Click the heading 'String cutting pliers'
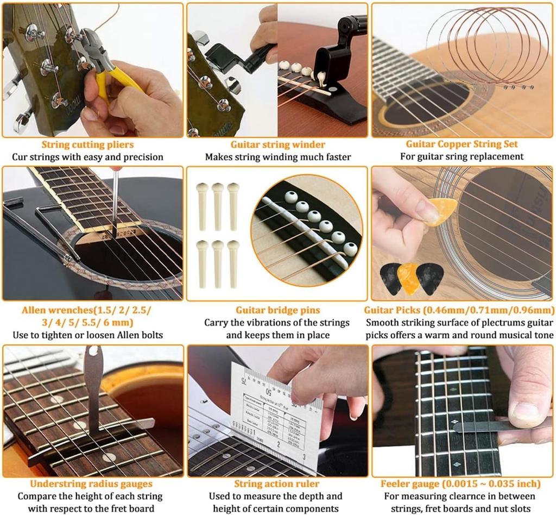[x=87, y=145]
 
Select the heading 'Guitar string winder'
[x=277, y=145]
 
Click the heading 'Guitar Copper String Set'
[x=462, y=145]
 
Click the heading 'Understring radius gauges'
[x=91, y=483]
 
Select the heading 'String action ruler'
[x=277, y=483]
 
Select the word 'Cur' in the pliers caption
[x=21, y=157]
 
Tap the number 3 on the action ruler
[x=304, y=457]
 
